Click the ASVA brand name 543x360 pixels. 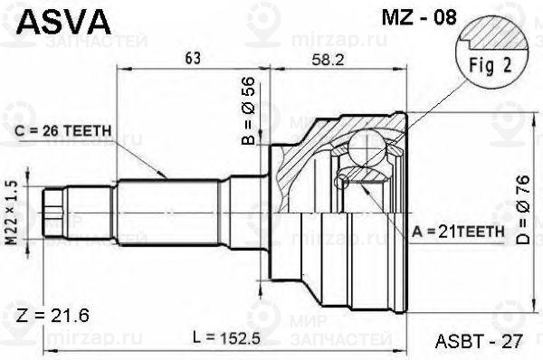tap(63, 22)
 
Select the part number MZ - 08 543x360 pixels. tap(419, 17)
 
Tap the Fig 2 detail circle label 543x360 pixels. tap(490, 66)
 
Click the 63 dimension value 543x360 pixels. tap(193, 58)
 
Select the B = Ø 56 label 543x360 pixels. tap(248, 110)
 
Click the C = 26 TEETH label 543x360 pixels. tap(63, 131)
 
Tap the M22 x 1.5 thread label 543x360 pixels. tap(12, 213)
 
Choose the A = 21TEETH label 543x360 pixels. tap(458, 232)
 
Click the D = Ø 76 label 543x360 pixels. tap(523, 210)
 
